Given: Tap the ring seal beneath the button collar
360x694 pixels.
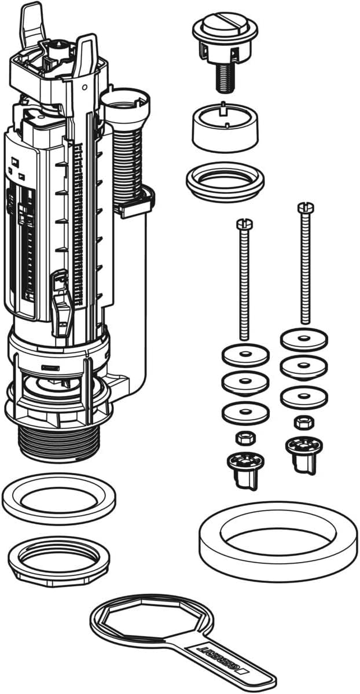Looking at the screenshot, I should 225,181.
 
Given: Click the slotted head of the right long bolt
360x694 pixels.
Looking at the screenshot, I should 304,206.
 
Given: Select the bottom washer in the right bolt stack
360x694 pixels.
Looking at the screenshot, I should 303,397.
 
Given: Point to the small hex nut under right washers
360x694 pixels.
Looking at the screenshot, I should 302,422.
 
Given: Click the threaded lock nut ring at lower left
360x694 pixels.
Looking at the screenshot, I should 54,559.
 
